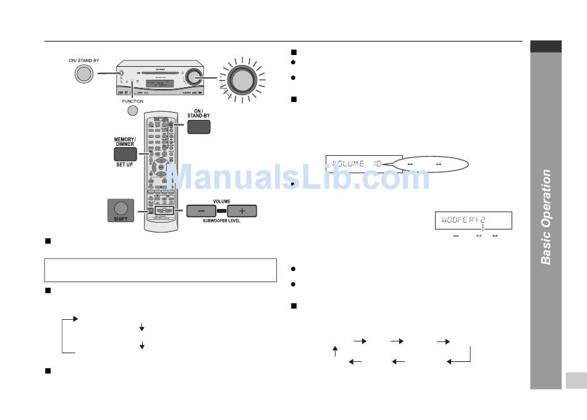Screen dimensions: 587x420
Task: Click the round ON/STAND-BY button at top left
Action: pyautogui.click(x=84, y=74)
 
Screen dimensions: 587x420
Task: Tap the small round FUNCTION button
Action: pyautogui.click(x=132, y=111)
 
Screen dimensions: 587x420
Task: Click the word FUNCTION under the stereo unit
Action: pyautogui.click(x=132, y=101)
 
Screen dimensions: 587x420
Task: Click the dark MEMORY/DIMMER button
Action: pyautogui.click(x=125, y=155)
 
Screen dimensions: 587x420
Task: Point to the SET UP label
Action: pyautogui.click(x=124, y=165)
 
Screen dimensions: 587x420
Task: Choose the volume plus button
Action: pyautogui.click(x=242, y=211)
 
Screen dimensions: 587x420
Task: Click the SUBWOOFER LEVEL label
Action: pyautogui.click(x=221, y=221)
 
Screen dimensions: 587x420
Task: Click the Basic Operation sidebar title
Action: pyautogui.click(x=546, y=216)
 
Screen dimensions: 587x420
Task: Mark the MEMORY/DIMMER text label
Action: pyautogui.click(x=125, y=140)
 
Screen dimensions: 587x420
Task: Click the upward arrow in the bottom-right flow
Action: pyautogui.click(x=335, y=351)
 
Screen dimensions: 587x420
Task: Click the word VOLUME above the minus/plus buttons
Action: pyautogui.click(x=221, y=201)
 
